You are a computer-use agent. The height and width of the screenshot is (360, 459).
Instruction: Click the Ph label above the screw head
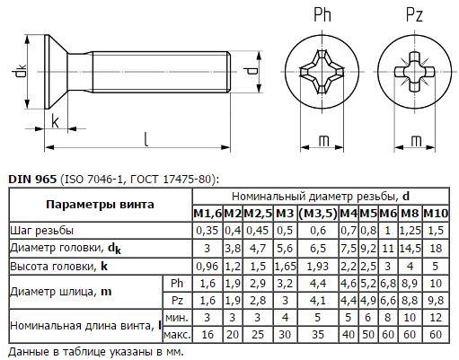pyautogui.click(x=322, y=14)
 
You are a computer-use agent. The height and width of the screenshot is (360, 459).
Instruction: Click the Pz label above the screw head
pyautogui.click(x=414, y=14)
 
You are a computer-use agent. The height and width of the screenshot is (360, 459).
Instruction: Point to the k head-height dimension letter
pyautogui.click(x=55, y=121)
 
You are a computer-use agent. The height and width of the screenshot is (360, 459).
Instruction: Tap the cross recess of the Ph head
pyautogui.click(x=322, y=72)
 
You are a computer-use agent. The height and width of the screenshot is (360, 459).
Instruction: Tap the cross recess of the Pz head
pyautogui.click(x=415, y=72)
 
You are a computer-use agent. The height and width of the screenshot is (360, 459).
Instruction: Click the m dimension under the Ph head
pyautogui.click(x=323, y=141)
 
